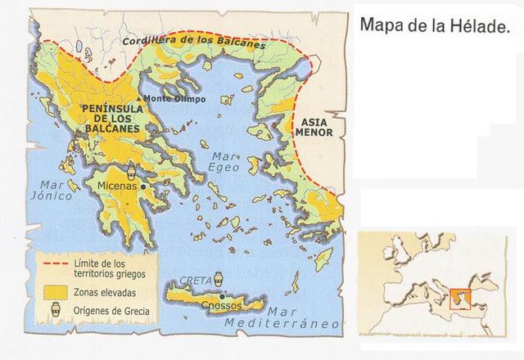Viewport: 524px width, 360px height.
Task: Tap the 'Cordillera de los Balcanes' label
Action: [193, 41]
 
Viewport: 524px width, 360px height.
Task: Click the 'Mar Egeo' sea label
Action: [225, 161]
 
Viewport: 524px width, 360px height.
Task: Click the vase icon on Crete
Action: [218, 280]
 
